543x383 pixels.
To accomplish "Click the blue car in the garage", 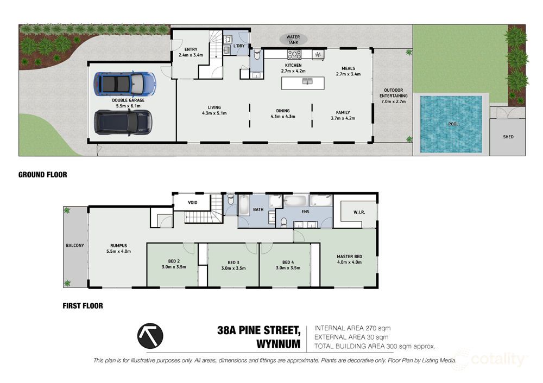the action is point(125,84).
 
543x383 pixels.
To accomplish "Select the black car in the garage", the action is point(123,122).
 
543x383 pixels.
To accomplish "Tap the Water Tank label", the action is point(293,40).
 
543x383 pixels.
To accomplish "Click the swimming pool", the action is point(451,124).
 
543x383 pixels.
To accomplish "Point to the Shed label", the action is point(508,137).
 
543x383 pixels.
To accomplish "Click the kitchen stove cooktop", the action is point(294,54).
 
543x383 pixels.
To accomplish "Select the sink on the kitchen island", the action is point(307,81).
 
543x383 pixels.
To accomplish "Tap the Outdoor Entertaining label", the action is point(393,96).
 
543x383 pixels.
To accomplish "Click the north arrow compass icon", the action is point(150,336).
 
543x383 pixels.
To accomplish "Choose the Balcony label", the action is point(75,245).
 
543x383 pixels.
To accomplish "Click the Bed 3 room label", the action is point(233,265).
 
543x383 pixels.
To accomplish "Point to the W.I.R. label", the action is point(359,212).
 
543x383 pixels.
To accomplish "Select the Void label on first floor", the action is point(193,202).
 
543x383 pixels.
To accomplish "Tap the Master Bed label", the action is point(349,259).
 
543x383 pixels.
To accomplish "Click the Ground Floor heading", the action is point(42,175).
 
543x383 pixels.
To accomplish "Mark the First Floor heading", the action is point(83,306).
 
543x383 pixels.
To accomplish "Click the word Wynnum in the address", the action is point(279,344).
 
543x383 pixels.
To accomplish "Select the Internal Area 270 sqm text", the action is point(352,328).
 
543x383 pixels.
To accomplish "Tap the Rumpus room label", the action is point(118,248).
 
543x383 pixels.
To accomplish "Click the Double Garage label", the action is point(128,103).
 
